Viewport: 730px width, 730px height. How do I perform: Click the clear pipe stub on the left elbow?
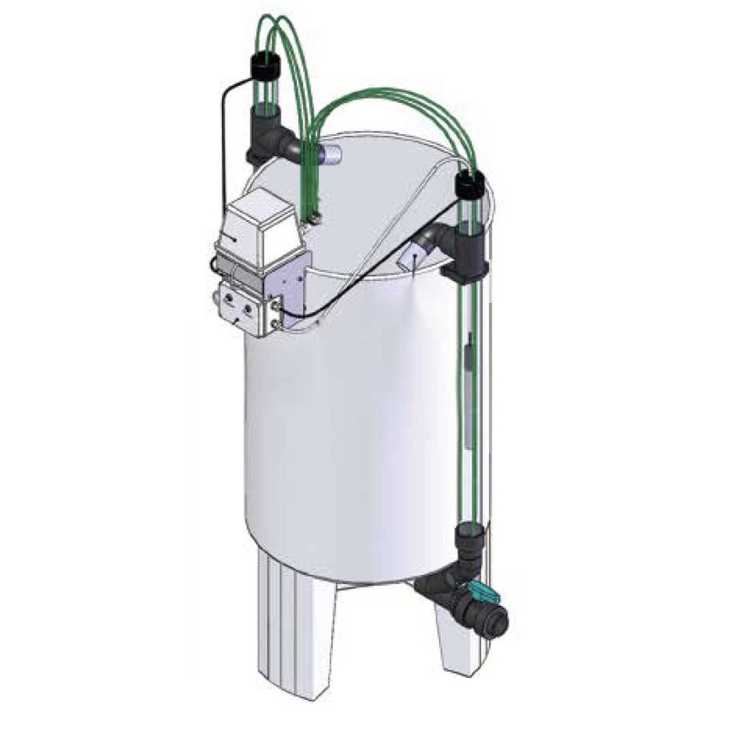[x=328, y=154]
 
